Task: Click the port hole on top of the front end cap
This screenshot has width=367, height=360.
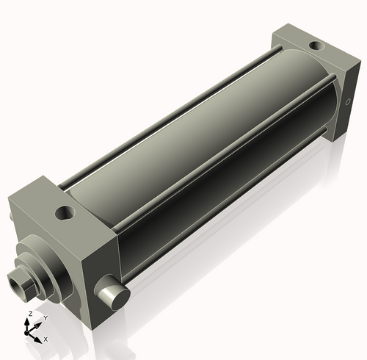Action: (66, 213)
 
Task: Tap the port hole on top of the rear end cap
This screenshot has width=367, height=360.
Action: (315, 46)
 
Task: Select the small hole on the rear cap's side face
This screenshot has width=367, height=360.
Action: (346, 104)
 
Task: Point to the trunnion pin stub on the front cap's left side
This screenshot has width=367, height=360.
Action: (12, 217)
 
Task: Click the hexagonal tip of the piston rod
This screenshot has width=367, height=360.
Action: (20, 281)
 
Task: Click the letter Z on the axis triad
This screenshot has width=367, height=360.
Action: (29, 314)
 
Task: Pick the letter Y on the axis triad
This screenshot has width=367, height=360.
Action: (45, 318)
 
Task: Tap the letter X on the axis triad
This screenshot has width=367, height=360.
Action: (46, 339)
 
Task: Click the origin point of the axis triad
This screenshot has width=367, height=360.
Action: (30, 332)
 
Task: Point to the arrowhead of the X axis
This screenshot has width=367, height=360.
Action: (40, 337)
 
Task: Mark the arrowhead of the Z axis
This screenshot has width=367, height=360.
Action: (29, 321)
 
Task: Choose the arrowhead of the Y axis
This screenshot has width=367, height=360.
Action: (40, 324)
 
